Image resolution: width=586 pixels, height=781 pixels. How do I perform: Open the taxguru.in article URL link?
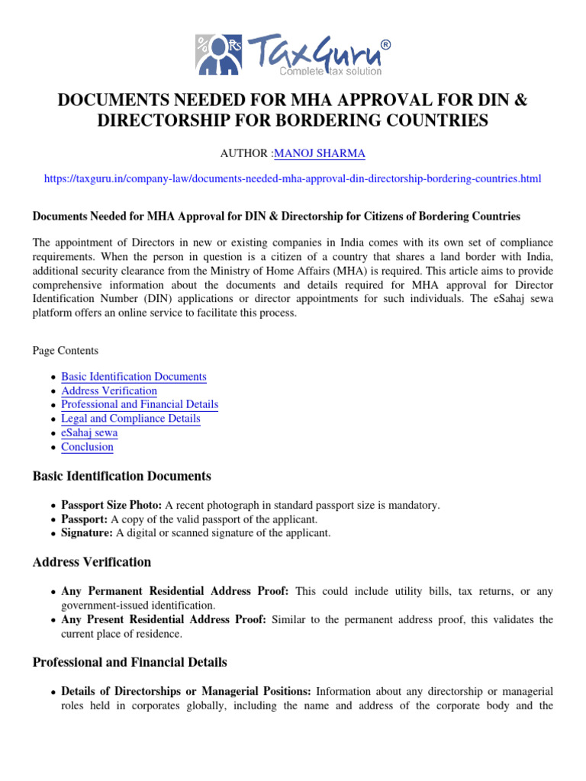(292, 178)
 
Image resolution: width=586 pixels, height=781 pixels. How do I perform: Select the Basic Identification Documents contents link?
(134, 377)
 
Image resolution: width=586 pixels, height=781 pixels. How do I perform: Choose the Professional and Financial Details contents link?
(140, 404)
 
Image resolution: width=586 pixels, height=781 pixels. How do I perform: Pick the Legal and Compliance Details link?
(130, 418)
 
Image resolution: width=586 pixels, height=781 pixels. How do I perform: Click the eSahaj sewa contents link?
(89, 432)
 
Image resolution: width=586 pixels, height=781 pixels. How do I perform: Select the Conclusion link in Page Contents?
(87, 447)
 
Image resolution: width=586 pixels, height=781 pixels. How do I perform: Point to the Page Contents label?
(65, 351)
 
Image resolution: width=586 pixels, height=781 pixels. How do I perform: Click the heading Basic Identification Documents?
(121, 476)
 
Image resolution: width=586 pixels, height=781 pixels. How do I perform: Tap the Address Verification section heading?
(92, 562)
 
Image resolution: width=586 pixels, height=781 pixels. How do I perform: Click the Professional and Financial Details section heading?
(129, 662)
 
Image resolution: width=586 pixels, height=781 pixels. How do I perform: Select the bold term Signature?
(86, 533)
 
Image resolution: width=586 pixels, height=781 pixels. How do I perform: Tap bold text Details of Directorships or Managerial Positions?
(185, 691)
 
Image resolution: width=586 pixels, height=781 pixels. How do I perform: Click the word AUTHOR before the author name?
(244, 153)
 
